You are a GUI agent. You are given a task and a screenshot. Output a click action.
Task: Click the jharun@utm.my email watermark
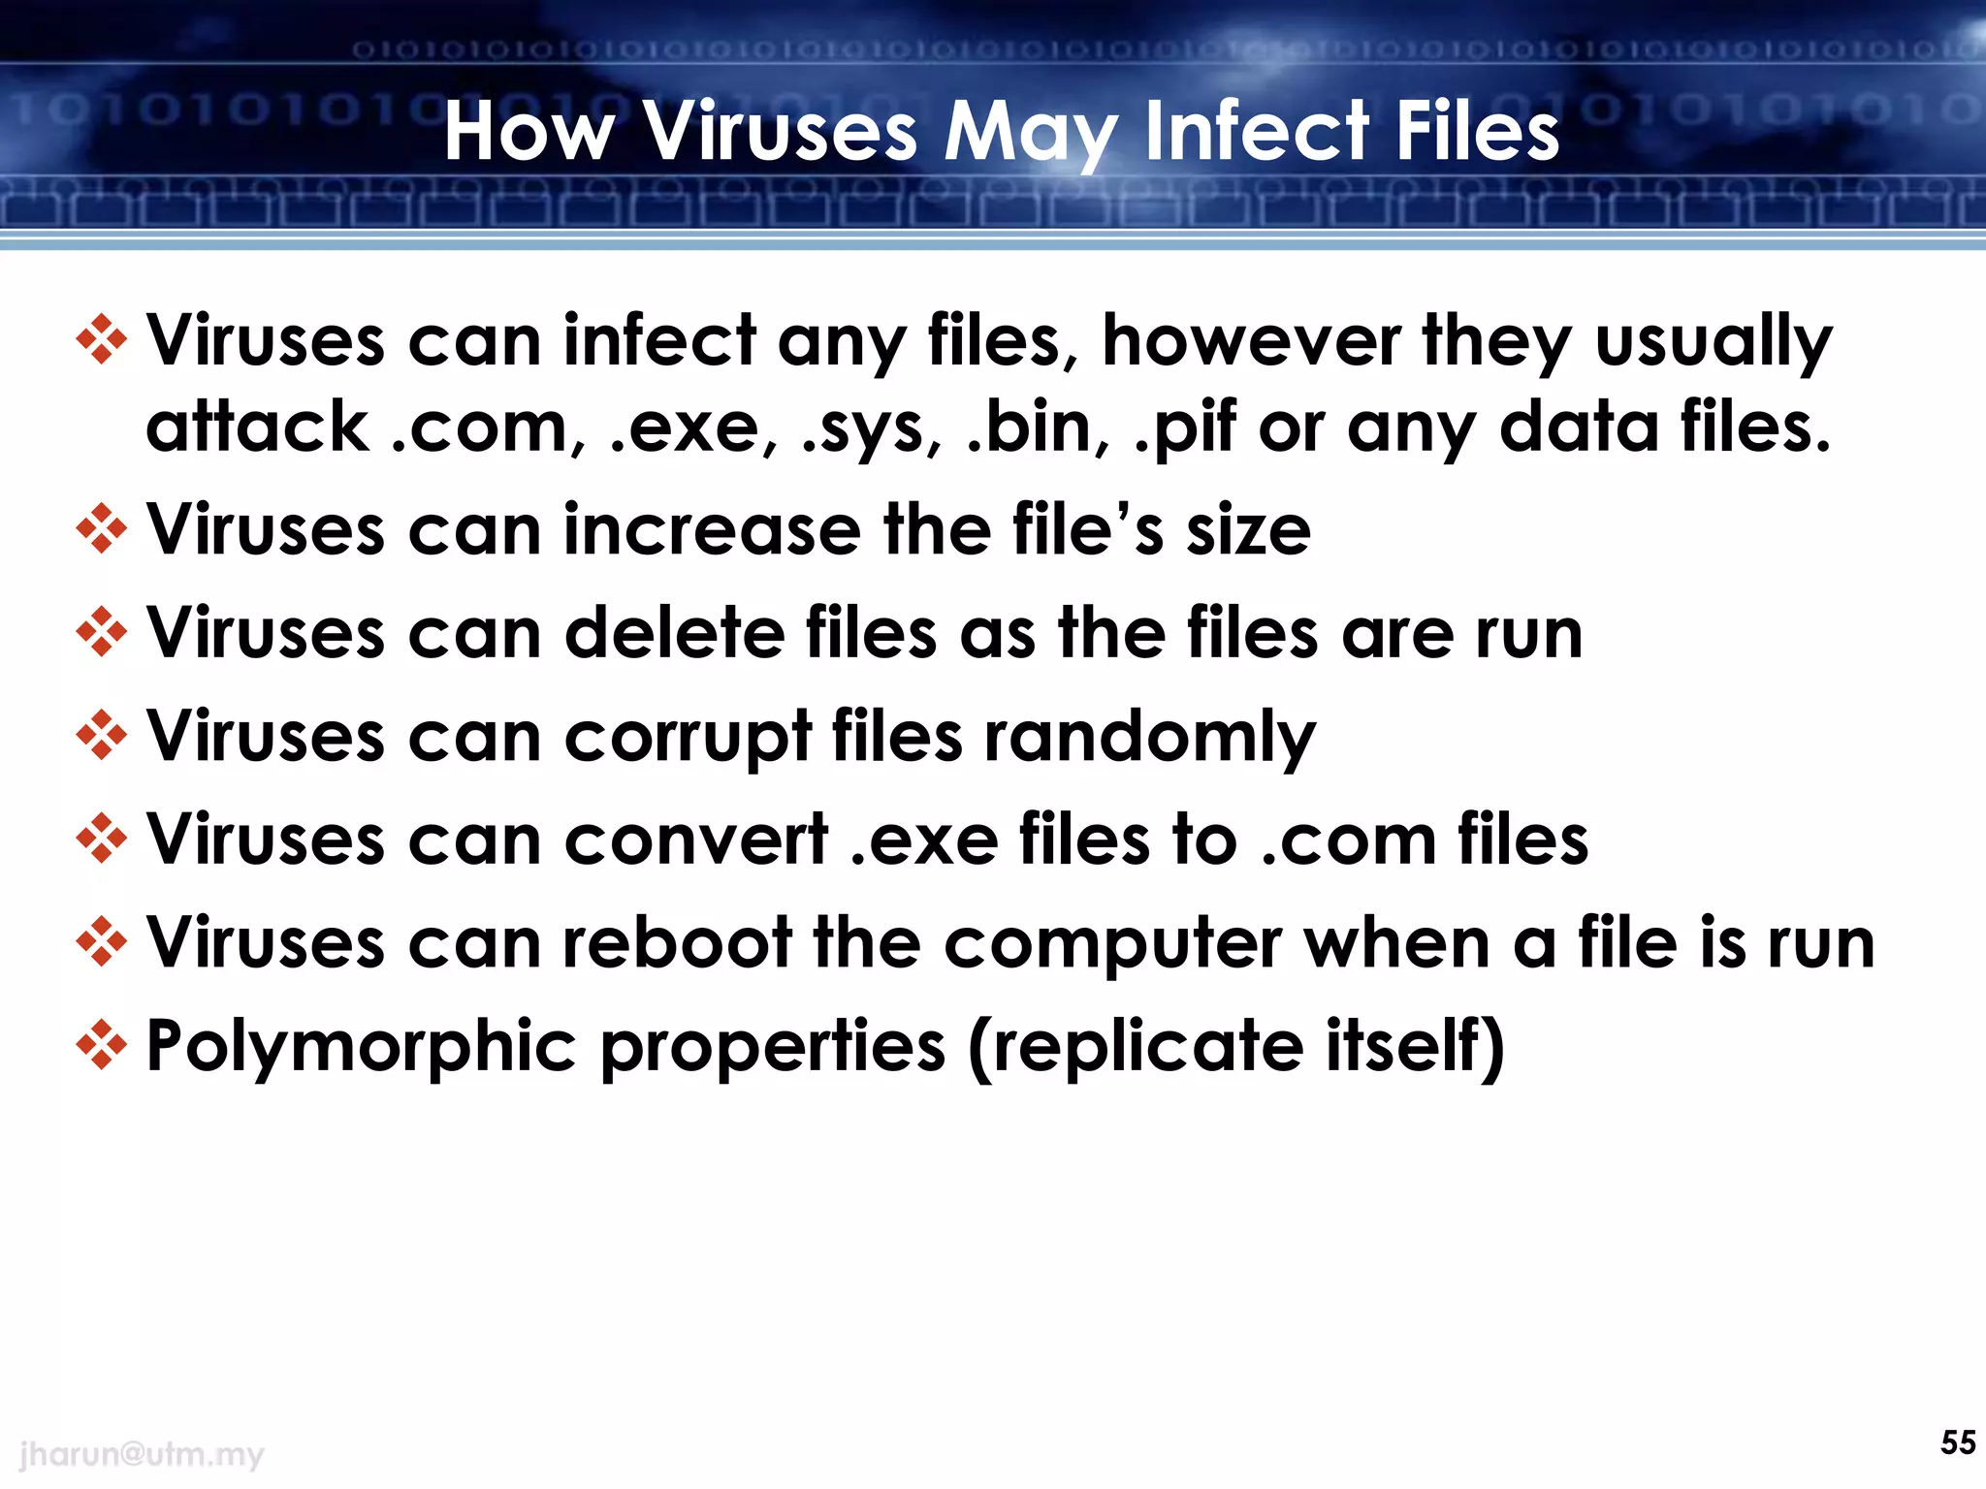click(142, 1454)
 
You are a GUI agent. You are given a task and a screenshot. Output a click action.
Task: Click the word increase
click(712, 530)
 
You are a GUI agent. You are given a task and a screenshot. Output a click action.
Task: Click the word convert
click(696, 840)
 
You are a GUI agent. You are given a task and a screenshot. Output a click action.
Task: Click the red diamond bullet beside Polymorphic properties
click(102, 1046)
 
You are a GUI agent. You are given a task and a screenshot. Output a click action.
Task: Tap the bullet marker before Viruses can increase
click(102, 529)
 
